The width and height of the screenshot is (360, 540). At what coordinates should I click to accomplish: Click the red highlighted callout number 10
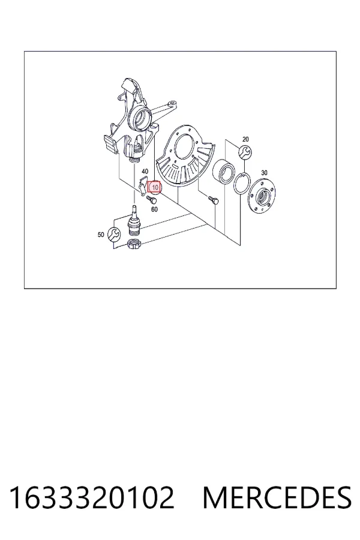pyautogui.click(x=155, y=187)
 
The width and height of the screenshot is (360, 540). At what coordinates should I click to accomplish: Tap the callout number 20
pyautogui.click(x=245, y=139)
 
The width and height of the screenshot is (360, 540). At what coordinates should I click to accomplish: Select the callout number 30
pyautogui.click(x=264, y=173)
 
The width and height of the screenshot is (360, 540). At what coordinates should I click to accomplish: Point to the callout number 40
pyautogui.click(x=145, y=171)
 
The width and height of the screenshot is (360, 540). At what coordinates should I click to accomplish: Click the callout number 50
pyautogui.click(x=101, y=235)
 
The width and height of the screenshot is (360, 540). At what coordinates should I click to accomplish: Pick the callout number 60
pyautogui.click(x=154, y=209)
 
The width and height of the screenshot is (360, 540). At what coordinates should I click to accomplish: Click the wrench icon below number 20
pyautogui.click(x=245, y=152)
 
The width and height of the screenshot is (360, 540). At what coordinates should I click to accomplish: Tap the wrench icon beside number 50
pyautogui.click(x=114, y=235)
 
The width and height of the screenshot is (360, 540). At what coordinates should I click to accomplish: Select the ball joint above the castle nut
pyautogui.click(x=134, y=220)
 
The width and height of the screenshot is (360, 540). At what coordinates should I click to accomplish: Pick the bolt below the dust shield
pyautogui.click(x=213, y=200)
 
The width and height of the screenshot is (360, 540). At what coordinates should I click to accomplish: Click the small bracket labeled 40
pyautogui.click(x=143, y=187)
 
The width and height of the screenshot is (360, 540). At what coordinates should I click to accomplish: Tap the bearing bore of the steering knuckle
pyautogui.click(x=140, y=117)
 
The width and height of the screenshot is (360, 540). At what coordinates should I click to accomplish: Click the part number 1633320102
pyautogui.click(x=92, y=497)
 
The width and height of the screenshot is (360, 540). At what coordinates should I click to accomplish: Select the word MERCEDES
pyautogui.click(x=277, y=497)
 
